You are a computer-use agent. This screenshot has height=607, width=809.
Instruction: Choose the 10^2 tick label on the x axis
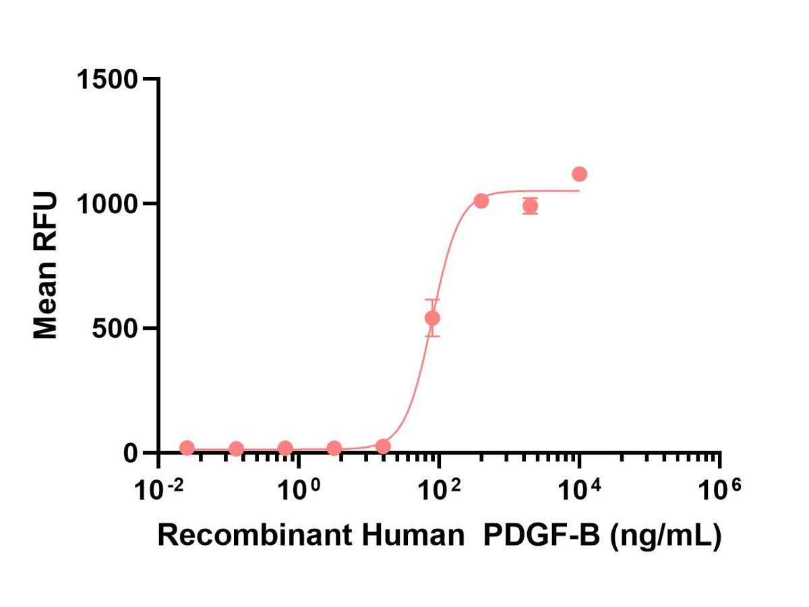click(439, 489)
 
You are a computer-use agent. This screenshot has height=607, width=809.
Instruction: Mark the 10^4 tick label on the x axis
click(579, 489)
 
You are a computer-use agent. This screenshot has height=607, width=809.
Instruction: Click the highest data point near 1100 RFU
click(579, 174)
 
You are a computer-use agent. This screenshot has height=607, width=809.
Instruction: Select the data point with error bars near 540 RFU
click(432, 318)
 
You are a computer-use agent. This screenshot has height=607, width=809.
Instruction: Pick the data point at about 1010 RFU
click(481, 200)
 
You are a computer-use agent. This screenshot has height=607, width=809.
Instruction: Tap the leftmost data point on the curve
click(187, 448)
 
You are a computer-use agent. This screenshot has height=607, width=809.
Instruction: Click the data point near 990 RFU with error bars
click(530, 206)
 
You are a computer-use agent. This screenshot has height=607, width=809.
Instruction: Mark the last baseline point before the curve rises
click(383, 446)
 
